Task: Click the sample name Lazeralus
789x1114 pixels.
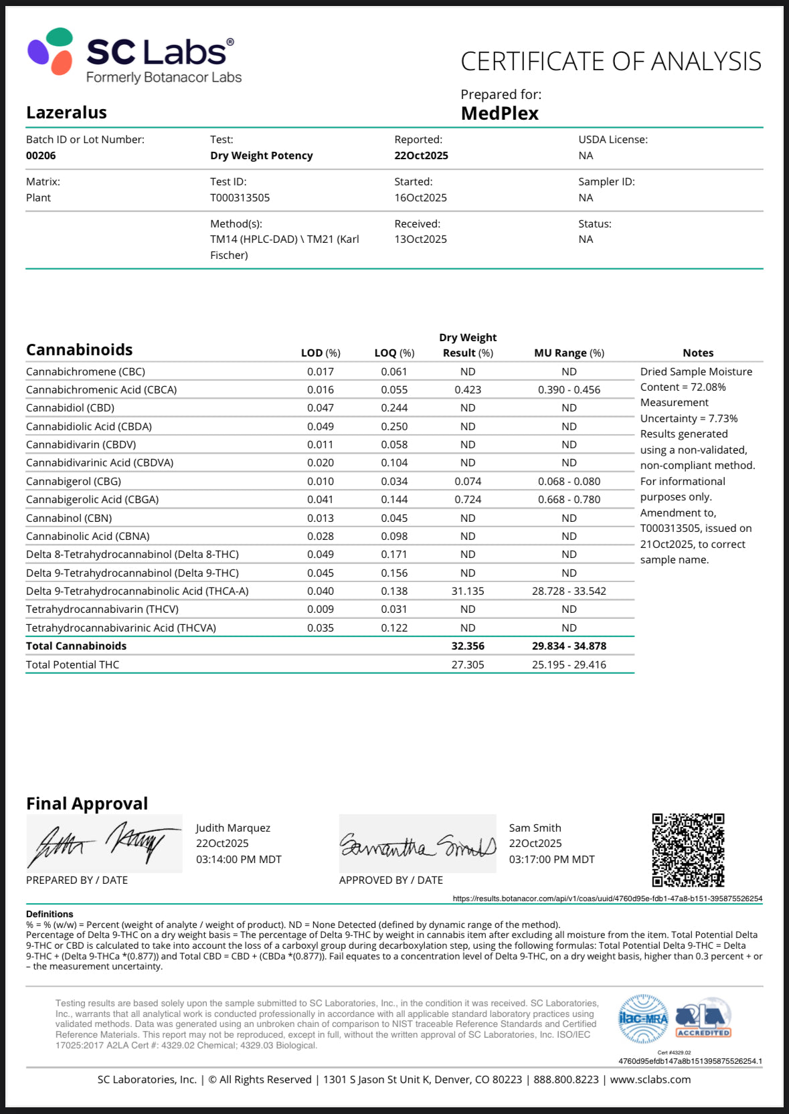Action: coord(66,112)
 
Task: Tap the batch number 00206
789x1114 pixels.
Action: coord(41,155)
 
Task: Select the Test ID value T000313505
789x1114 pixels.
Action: coord(240,197)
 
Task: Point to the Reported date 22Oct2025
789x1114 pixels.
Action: coord(421,155)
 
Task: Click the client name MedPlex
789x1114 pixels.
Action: coord(499,113)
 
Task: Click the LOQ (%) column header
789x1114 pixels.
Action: coord(394,353)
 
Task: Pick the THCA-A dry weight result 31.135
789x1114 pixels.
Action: coord(468,591)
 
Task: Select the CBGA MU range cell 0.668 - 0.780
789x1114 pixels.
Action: coord(569,499)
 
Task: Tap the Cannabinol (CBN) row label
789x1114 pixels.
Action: coord(69,518)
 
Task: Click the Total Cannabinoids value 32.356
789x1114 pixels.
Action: coord(468,646)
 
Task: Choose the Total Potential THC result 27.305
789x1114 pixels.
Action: coord(468,664)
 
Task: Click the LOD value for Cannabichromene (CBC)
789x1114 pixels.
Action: coord(321,371)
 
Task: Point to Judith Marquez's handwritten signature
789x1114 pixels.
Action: coord(104,844)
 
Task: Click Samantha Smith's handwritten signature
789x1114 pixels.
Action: coord(418,844)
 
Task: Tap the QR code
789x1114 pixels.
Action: coord(688,850)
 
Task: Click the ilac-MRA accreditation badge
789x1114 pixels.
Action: coord(642,1018)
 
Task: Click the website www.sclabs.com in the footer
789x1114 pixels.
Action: coord(650,1079)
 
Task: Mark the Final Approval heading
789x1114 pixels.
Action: coord(87,804)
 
